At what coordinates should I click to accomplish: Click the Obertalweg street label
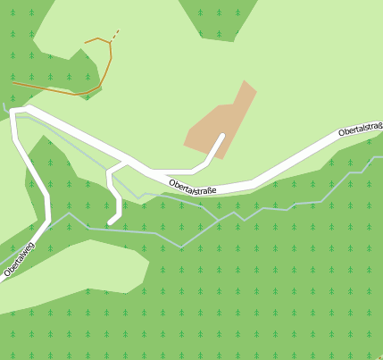tap(20, 258)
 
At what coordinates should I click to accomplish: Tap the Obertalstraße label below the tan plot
tap(193, 187)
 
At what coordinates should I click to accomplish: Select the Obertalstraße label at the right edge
tap(361, 130)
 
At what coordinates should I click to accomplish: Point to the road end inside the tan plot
tap(221, 136)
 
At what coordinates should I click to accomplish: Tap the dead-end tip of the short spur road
tap(111, 221)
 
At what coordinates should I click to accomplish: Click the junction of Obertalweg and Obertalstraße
tap(15, 113)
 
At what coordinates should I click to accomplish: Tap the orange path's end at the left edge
tap(12, 82)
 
